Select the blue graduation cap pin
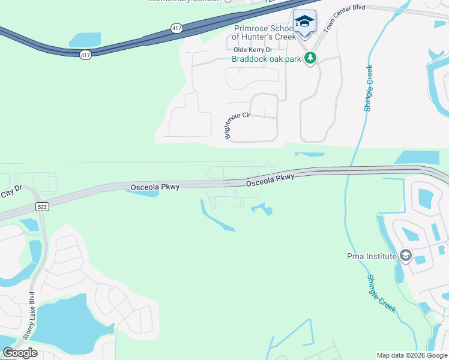click(304, 22)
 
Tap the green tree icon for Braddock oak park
click(310, 58)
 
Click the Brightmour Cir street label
click(237, 125)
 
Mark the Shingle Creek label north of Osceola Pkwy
click(368, 88)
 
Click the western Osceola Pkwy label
click(155, 188)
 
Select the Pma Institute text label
click(372, 256)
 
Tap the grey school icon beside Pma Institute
click(406, 256)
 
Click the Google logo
click(20, 353)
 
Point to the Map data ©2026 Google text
click(412, 355)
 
